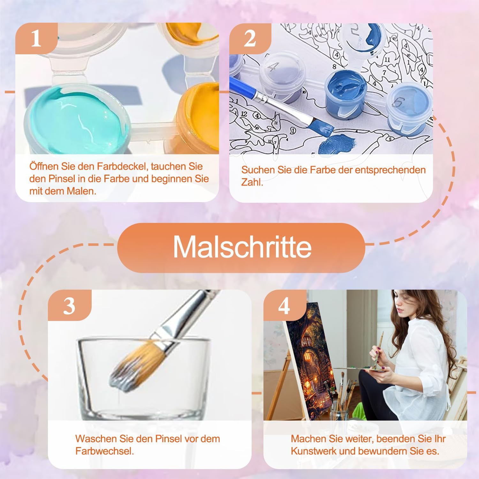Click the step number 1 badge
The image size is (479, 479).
pos(36,38)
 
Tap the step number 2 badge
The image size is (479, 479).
pos(250,38)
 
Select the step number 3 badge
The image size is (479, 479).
pos(69,305)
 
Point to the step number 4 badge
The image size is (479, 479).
pos(284,305)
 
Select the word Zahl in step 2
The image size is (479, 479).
pos(252,182)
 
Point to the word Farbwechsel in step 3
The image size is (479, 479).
pos(104,451)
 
